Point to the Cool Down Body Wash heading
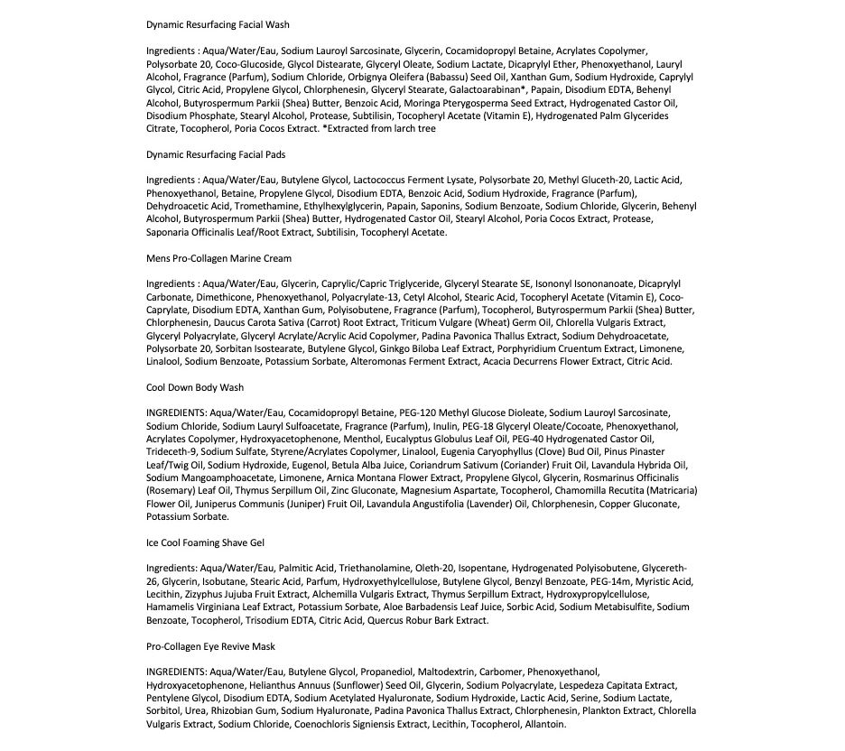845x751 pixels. pyautogui.click(x=195, y=387)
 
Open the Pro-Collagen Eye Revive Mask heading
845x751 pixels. pyautogui.click(x=210, y=646)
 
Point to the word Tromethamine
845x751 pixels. pyautogui.click(x=251, y=207)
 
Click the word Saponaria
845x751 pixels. pyautogui.click(x=169, y=232)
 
